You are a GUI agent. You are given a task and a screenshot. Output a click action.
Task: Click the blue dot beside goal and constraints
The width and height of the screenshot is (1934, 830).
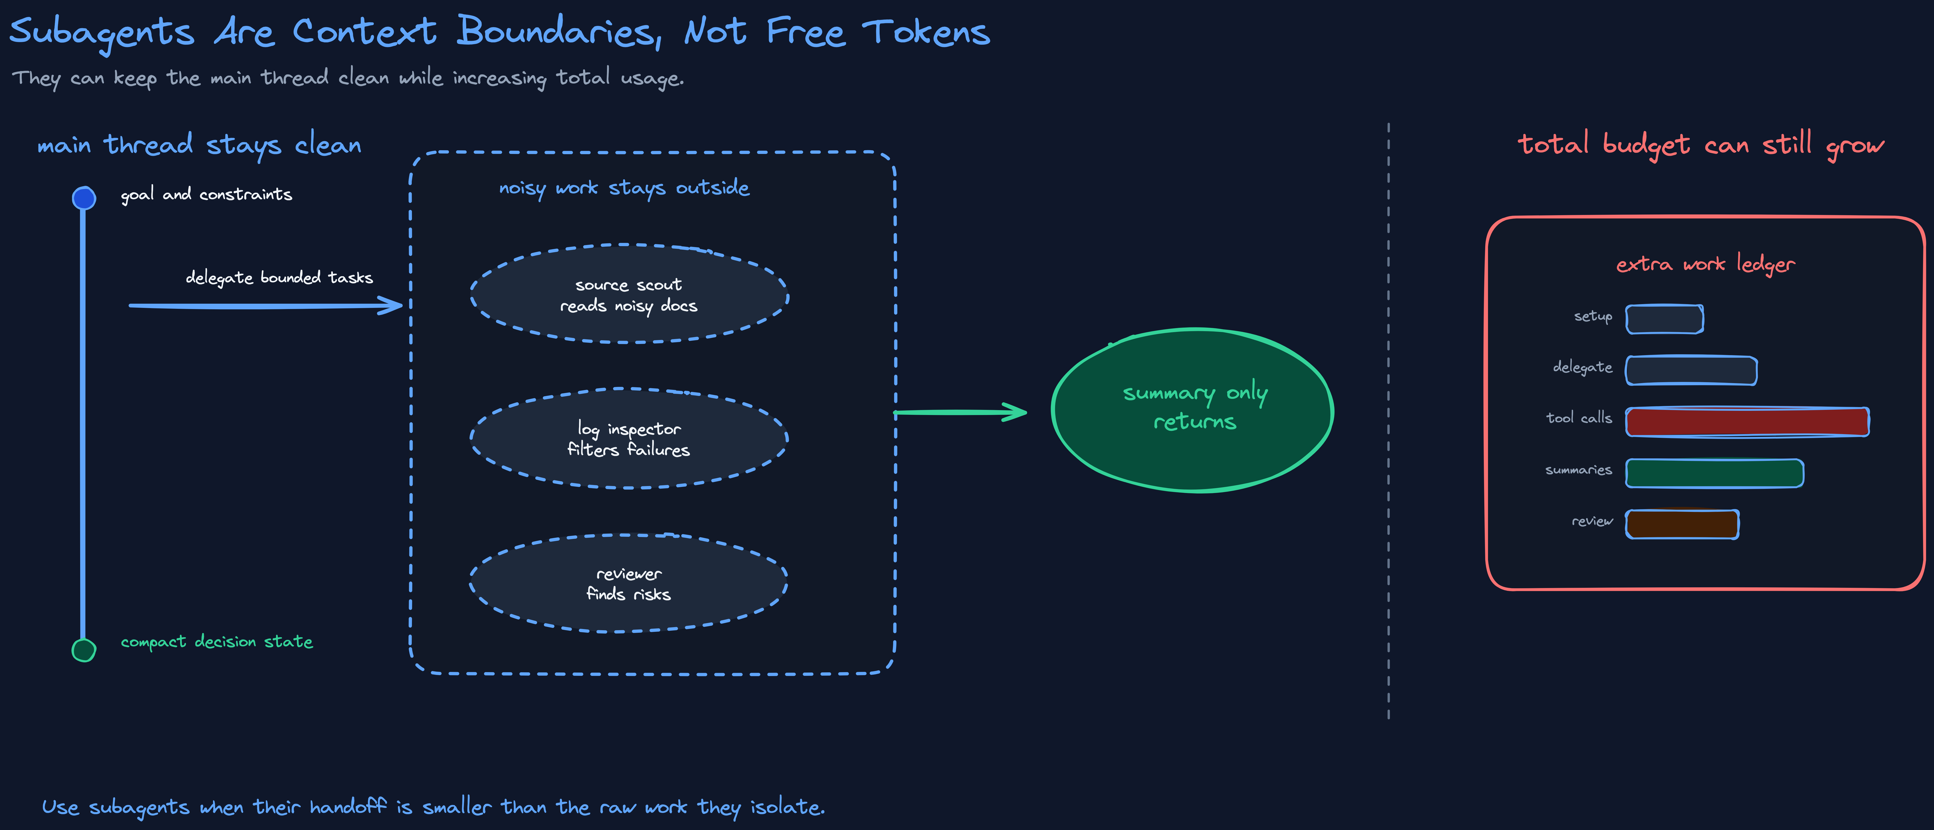point(83,198)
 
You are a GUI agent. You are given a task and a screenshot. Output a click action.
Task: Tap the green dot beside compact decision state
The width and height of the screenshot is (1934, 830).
point(83,650)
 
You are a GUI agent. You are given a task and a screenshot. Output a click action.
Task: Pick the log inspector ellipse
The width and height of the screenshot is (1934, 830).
point(629,438)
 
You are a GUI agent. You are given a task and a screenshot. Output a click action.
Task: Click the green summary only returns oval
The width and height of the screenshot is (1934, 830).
point(1192,410)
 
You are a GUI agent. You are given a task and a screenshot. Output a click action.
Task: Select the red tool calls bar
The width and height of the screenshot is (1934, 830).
point(1747,422)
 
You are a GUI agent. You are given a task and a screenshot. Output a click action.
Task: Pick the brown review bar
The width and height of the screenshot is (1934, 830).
point(1682,524)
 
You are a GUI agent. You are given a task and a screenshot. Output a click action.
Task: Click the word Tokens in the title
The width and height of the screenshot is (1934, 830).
point(926,32)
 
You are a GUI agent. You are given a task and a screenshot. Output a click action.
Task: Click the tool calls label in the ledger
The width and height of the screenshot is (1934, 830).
point(1579,417)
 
